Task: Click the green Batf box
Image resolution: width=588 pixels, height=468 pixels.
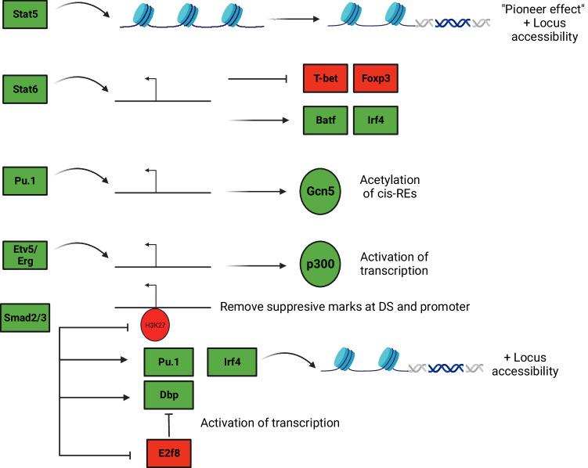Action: pos(324,122)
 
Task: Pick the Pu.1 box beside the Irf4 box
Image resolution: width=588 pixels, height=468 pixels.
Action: pos(169,362)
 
